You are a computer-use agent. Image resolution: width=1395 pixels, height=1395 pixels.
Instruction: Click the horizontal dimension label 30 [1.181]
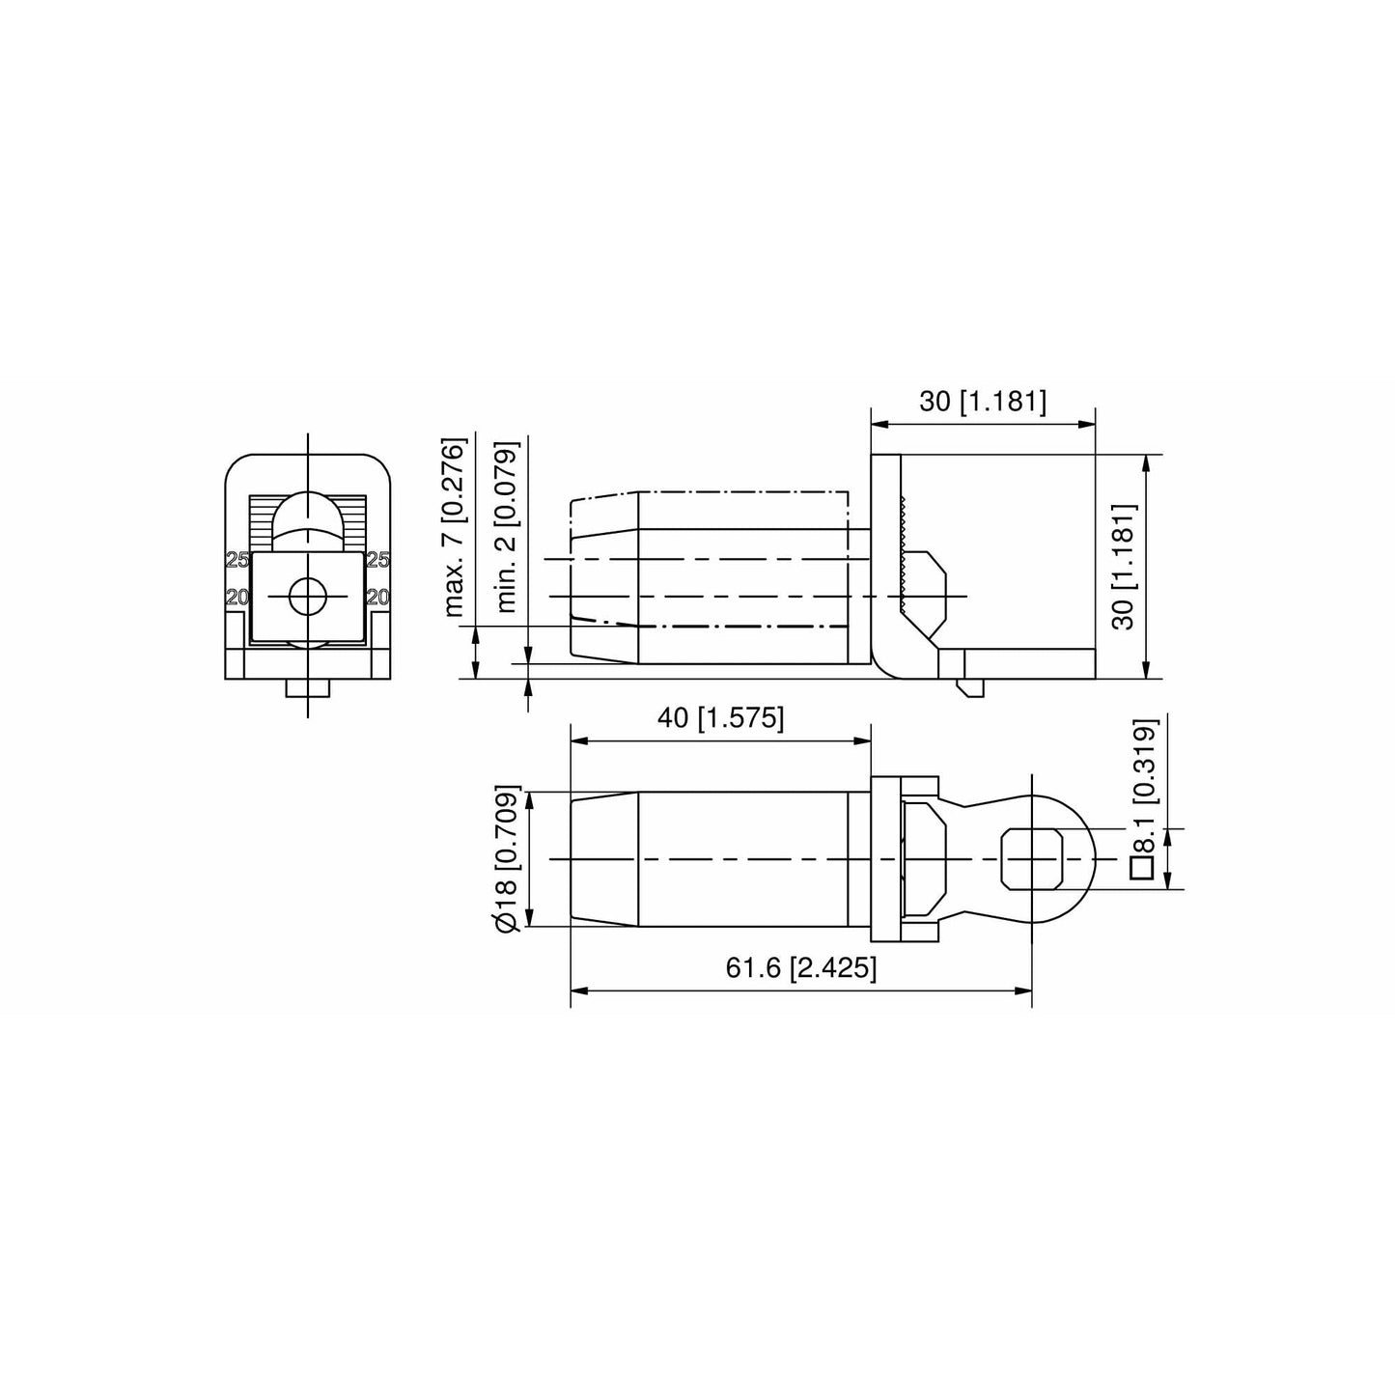[982, 402]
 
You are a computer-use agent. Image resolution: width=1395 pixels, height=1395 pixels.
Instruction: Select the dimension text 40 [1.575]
[720, 718]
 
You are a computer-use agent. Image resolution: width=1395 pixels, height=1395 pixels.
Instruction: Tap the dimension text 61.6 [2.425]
[801, 968]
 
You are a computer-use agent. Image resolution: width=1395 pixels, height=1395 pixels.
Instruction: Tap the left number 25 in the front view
[237, 560]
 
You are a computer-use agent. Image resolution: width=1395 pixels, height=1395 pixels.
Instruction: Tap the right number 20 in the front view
[377, 598]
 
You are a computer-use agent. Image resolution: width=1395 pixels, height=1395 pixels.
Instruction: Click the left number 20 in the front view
[237, 598]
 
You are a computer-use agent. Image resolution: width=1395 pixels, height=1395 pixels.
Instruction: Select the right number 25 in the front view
[377, 560]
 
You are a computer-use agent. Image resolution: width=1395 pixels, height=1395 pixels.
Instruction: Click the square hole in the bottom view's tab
[1032, 858]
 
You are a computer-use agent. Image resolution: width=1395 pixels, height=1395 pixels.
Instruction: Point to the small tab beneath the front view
[307, 688]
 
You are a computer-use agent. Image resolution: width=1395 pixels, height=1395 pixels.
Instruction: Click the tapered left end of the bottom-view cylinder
[603, 859]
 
